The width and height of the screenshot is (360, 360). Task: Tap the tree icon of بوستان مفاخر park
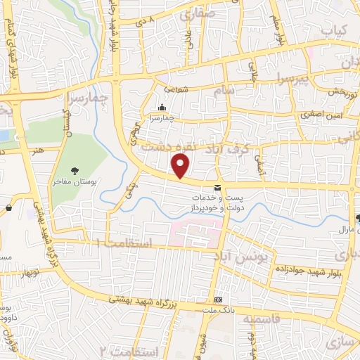point(75,170)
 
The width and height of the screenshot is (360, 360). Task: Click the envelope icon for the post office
point(217,187)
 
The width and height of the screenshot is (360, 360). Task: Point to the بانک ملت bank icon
point(218,298)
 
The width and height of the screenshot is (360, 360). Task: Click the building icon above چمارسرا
point(162,108)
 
